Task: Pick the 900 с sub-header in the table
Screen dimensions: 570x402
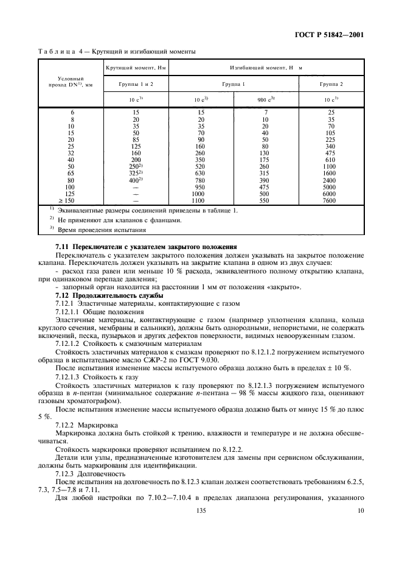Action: [265, 99]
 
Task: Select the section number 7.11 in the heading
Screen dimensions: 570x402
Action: [63, 246]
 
